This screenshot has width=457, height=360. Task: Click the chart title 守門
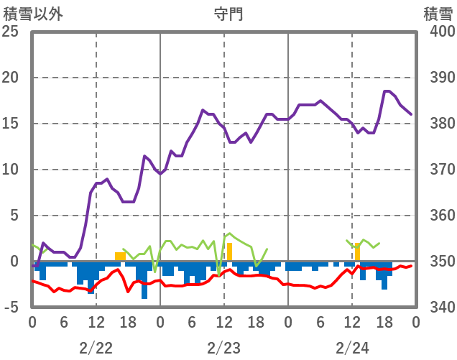[x=228, y=13]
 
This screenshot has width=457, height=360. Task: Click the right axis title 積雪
[x=436, y=13]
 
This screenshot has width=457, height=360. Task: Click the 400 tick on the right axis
[x=435, y=32]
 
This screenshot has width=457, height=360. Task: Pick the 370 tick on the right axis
[x=435, y=170]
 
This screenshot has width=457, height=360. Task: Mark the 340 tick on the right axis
[x=435, y=308]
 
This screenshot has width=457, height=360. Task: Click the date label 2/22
[x=96, y=348]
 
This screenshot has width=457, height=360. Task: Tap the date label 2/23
[x=224, y=348]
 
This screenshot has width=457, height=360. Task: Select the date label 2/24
[x=352, y=348]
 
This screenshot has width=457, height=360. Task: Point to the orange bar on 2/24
[x=357, y=252]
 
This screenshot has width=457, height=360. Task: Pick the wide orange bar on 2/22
[x=121, y=257]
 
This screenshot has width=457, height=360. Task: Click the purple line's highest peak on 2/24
[x=387, y=91]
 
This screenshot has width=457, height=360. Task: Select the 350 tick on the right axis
[x=435, y=262]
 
